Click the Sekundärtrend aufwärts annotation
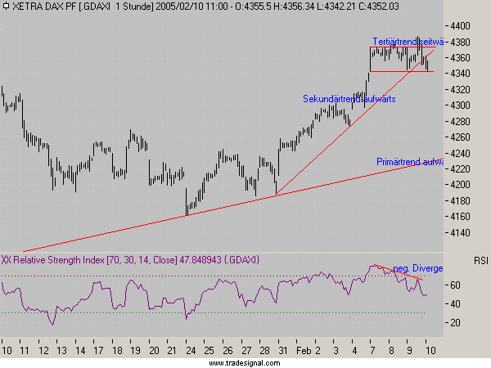pos(348,99)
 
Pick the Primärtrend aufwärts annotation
pos(409,162)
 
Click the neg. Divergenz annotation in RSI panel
pos(417,268)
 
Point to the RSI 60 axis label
pos(455,285)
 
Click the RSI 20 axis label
pos(455,323)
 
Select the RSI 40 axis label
pos(455,304)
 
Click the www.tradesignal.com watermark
pos(245,362)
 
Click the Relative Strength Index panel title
pos(131,259)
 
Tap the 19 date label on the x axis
pos(133,349)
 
